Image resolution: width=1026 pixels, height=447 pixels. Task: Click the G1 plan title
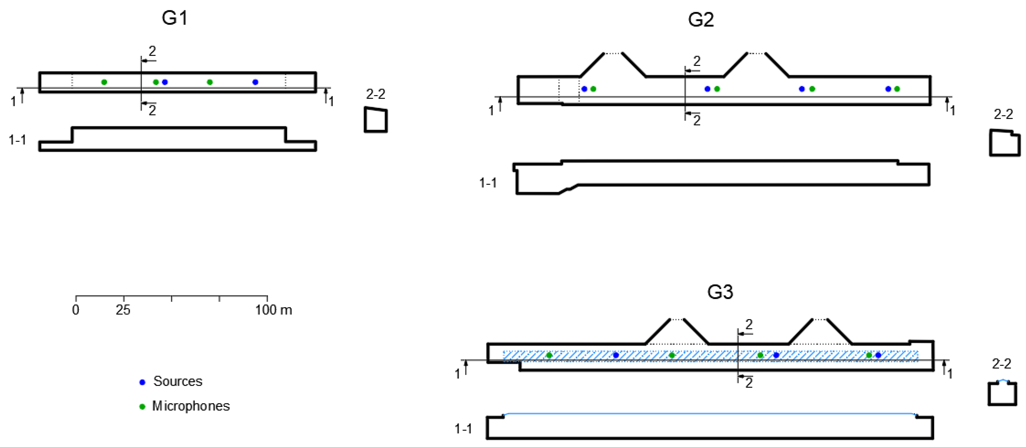(x=175, y=18)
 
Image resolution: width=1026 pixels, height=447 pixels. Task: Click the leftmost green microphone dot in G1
(x=104, y=82)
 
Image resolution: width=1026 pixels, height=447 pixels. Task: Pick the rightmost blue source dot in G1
(x=255, y=82)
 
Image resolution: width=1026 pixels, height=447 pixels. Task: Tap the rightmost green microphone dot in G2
(x=897, y=89)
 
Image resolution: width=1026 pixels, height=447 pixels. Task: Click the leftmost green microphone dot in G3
(x=549, y=355)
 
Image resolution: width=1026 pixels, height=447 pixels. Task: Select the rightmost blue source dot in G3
(x=878, y=355)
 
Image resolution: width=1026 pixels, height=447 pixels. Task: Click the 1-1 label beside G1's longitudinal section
(x=17, y=140)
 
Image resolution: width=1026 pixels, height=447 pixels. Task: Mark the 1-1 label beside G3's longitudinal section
(x=463, y=429)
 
